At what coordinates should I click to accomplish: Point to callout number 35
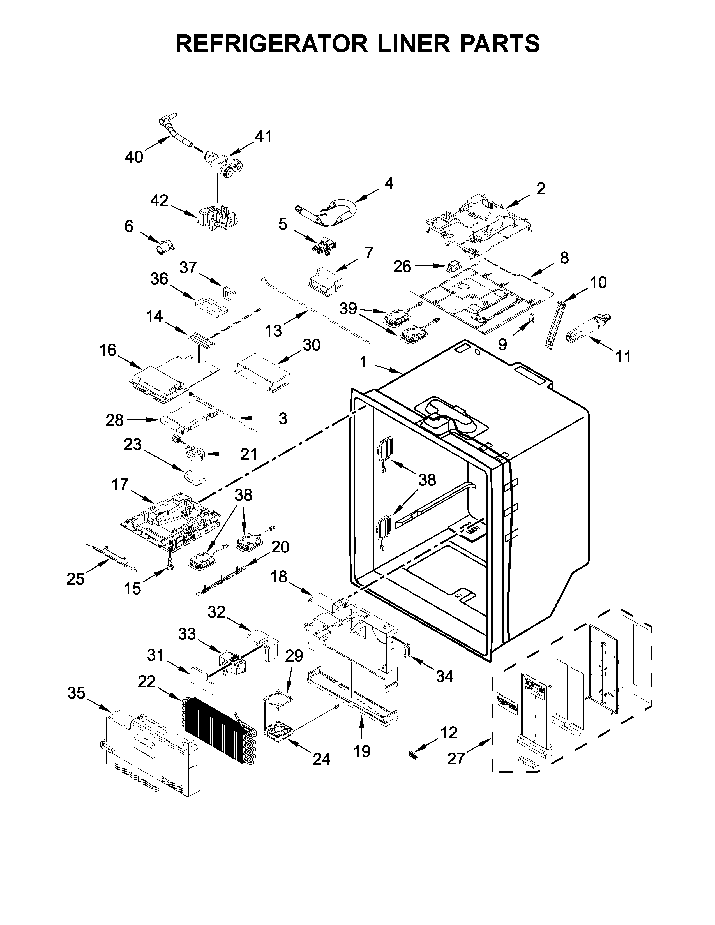(x=76, y=693)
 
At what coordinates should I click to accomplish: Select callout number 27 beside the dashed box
(x=456, y=758)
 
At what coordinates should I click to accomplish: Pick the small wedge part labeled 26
(x=452, y=266)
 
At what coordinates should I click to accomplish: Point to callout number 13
(x=273, y=330)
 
